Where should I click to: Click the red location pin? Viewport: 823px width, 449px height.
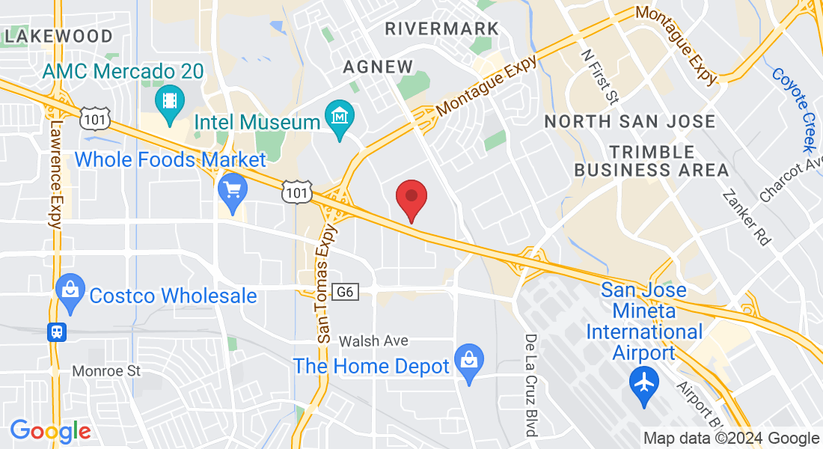pyautogui.click(x=411, y=199)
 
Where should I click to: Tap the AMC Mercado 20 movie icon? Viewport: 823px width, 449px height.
pyautogui.click(x=169, y=99)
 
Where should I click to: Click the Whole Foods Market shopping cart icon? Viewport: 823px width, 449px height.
pyautogui.click(x=232, y=189)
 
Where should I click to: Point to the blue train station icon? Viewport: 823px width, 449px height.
pyautogui.click(x=56, y=332)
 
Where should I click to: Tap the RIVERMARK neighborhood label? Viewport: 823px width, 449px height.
pyautogui.click(x=441, y=28)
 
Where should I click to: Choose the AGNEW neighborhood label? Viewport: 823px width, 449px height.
pyautogui.click(x=378, y=67)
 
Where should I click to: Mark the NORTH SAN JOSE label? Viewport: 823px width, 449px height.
pyautogui.click(x=629, y=121)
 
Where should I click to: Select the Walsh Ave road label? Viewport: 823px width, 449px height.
pyautogui.click(x=373, y=341)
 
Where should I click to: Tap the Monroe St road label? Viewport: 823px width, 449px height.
pyautogui.click(x=106, y=371)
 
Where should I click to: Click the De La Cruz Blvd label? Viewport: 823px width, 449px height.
pyautogui.click(x=530, y=385)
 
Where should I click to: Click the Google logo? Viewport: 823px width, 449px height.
pyautogui.click(x=50, y=430)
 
